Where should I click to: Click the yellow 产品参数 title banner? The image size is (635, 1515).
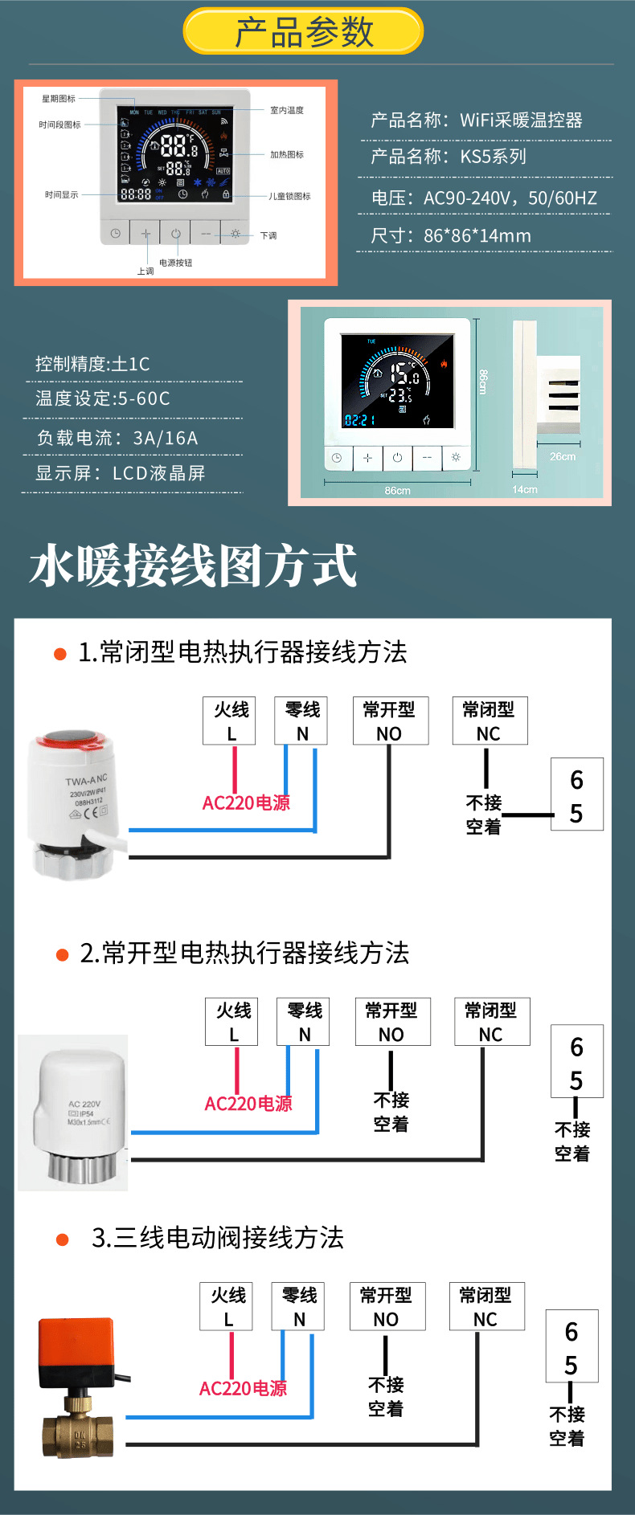tap(303, 31)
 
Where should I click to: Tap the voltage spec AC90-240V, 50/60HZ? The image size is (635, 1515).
tap(484, 198)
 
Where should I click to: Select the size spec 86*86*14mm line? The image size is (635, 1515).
tap(451, 236)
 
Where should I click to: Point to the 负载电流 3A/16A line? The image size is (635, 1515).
tap(117, 438)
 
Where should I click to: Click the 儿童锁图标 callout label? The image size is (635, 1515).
tap(289, 196)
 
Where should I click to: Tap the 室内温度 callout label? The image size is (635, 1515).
tap(287, 110)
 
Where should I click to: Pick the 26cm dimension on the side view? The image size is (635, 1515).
tap(562, 456)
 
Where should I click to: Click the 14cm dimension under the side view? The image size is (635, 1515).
tap(524, 489)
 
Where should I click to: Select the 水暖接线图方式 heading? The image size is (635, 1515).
tap(193, 566)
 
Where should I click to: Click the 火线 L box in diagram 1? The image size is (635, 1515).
tap(231, 721)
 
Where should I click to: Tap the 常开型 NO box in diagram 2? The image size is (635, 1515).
tap(392, 1022)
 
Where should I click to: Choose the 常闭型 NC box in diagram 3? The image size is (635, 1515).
tap(485, 1307)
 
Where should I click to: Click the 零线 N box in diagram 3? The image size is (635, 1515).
tap(299, 1307)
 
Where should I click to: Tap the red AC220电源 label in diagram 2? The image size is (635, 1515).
tap(248, 1104)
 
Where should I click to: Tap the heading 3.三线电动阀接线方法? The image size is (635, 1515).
tap(217, 1238)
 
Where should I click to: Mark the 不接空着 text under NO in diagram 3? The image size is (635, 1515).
tap(386, 1397)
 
